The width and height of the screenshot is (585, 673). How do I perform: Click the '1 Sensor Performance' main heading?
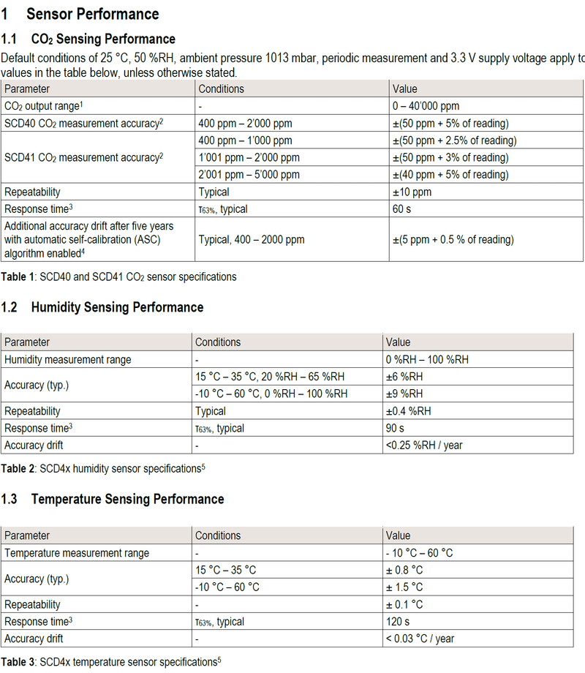[x=80, y=14]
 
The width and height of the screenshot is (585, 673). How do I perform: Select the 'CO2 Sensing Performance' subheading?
[x=103, y=39]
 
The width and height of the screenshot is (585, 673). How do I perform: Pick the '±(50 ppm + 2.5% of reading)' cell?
[x=455, y=140]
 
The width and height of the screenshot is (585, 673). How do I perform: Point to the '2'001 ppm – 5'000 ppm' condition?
[x=249, y=174]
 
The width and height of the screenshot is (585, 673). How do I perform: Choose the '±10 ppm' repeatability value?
[x=412, y=192]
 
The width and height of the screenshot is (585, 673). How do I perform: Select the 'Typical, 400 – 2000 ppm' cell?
[x=252, y=239]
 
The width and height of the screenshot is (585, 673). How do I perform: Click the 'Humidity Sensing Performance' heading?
[x=117, y=307]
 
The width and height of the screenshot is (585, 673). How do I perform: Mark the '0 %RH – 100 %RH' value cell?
[x=427, y=359]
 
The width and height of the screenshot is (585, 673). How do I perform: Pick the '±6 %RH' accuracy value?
[x=404, y=377]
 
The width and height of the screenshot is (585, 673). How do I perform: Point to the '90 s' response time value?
[x=395, y=428]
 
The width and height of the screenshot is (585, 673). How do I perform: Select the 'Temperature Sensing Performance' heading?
[x=127, y=499]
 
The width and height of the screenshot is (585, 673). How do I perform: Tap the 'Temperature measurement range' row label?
[x=77, y=553]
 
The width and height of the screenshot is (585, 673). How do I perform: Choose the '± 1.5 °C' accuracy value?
[x=404, y=587]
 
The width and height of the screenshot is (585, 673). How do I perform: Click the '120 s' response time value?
[x=398, y=621]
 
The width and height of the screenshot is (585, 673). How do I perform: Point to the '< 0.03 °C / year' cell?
[x=420, y=639]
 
